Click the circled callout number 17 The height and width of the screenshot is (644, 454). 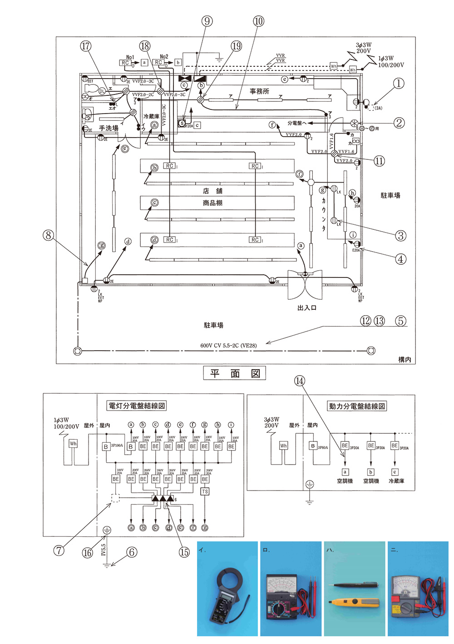tap(86, 46)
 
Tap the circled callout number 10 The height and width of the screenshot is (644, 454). tap(258, 21)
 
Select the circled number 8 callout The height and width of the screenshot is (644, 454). tap(48, 235)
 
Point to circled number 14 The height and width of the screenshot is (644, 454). tap(300, 381)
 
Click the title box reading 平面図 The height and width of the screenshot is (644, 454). tap(234, 374)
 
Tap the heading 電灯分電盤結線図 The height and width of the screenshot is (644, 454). tap(136, 406)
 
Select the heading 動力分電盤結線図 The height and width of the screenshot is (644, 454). tap(357, 406)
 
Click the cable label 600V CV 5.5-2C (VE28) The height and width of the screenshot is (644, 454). tap(228, 346)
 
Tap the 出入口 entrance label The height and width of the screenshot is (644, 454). tap(307, 308)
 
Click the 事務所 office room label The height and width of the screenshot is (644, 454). tap(259, 91)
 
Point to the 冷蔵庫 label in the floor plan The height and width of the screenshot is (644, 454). tap(151, 117)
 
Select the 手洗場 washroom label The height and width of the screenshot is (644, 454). tap(109, 129)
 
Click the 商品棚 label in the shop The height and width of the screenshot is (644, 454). tap(212, 203)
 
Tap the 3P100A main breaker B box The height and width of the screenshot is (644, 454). tap(106, 447)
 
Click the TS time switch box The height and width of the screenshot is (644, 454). tap(205, 491)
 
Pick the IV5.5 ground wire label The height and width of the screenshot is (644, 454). tap(104, 550)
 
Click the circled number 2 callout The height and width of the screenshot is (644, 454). tap(399, 123)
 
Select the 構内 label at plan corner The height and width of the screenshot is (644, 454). tap(404, 359)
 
